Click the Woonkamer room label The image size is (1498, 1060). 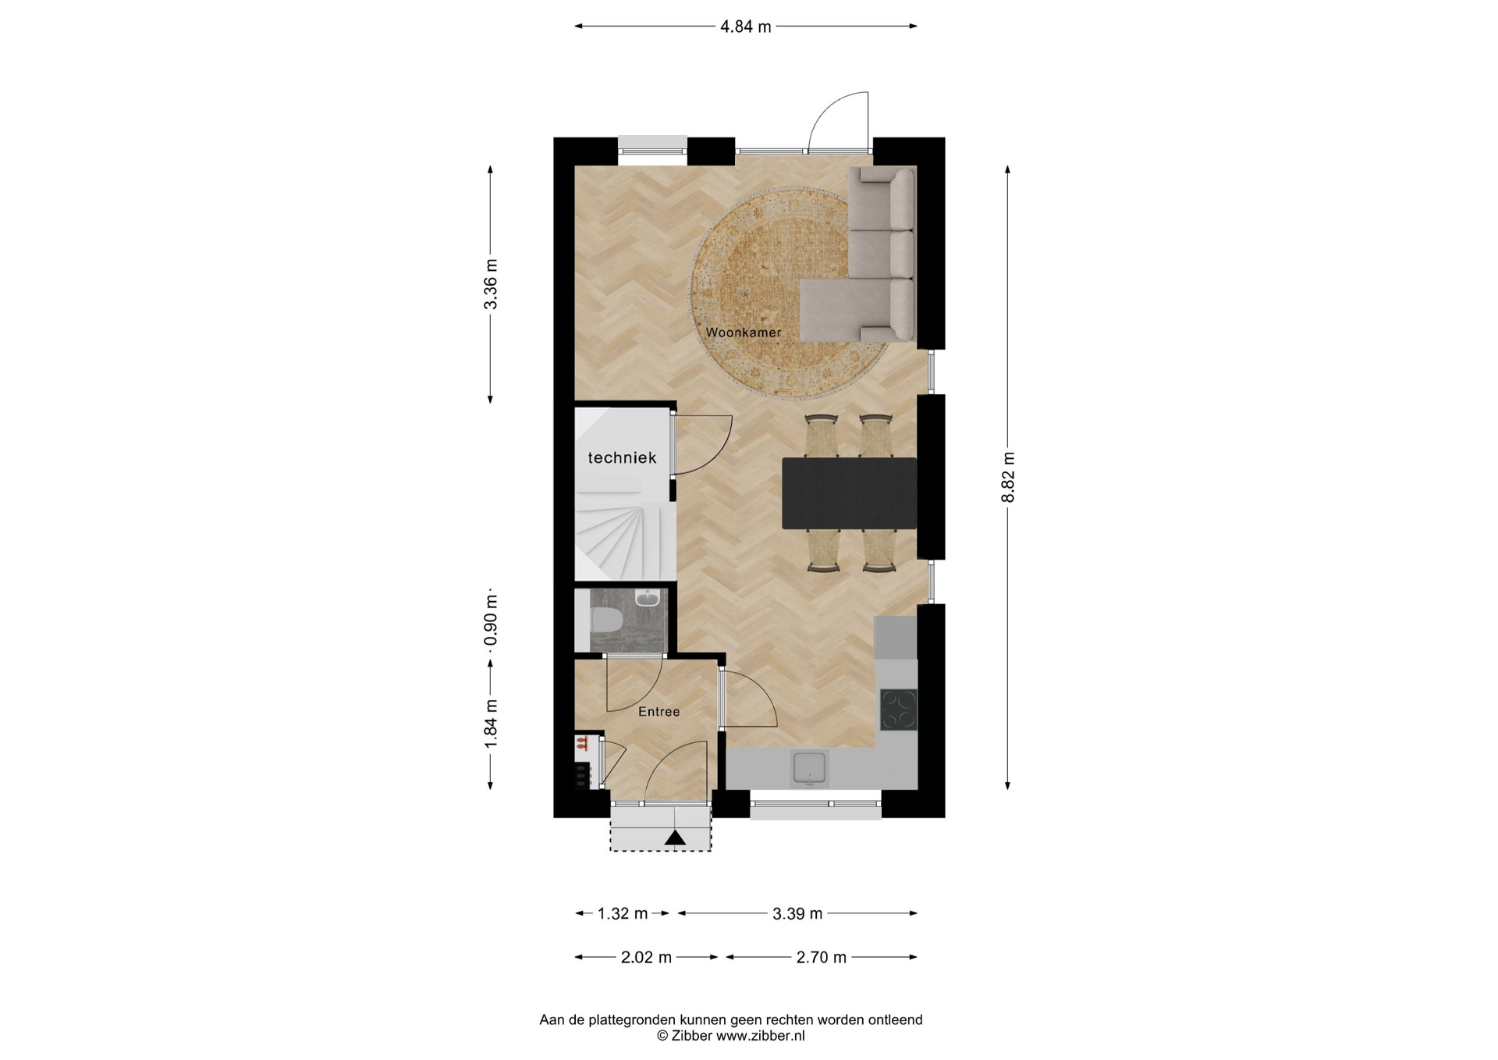pos(743,333)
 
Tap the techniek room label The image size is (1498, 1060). pos(622,458)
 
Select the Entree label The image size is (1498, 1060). pos(658,712)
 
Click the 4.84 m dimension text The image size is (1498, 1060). pos(745,27)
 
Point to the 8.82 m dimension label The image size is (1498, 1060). pos(1008,477)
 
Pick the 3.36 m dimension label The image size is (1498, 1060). pos(491,284)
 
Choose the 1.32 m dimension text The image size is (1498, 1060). pos(622,913)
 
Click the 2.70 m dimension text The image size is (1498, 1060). pos(821,957)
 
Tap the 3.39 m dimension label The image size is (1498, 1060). pos(797,913)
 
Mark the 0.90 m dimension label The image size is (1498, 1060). pos(491,621)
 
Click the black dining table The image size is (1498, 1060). pos(849,493)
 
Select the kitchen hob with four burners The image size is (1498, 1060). pos(898,710)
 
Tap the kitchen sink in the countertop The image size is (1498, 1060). pos(810,767)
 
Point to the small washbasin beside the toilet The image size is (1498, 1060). pos(648,598)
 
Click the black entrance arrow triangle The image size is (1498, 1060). pos(675,838)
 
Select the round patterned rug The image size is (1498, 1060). pos(789,293)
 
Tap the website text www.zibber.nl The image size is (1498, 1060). pos(760,1036)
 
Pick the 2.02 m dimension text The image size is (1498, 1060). pos(646,957)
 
